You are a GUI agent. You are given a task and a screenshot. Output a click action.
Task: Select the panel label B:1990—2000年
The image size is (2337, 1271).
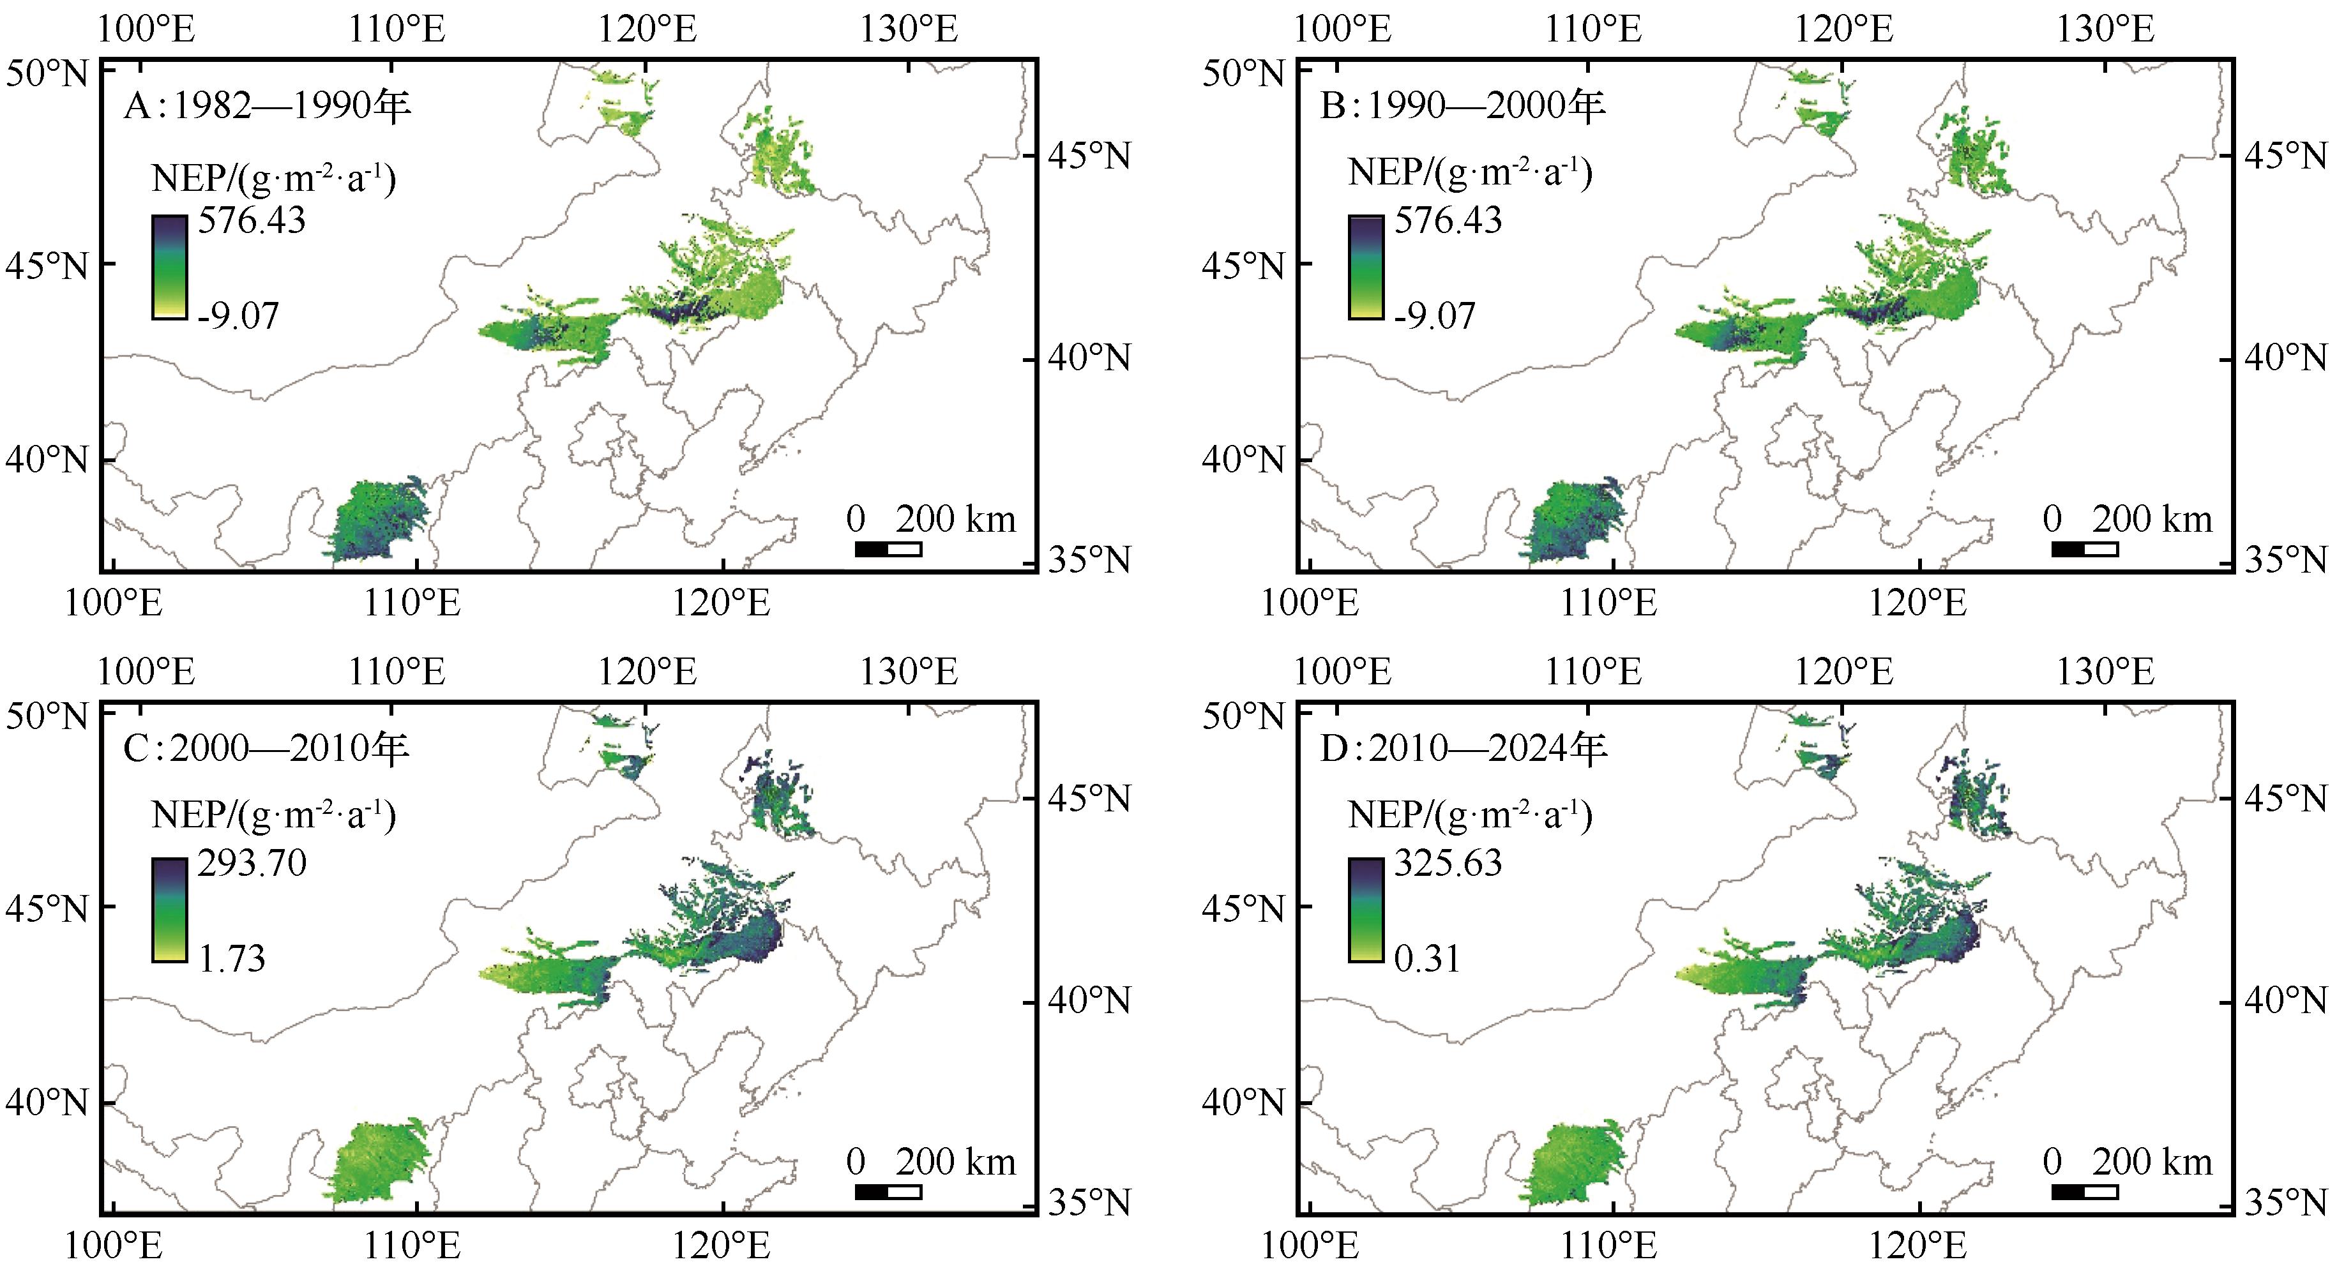[1462, 106]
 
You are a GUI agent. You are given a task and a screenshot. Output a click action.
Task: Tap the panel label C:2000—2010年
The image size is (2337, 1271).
[266, 748]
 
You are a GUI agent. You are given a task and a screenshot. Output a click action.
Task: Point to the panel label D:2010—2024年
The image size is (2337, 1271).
[1462, 748]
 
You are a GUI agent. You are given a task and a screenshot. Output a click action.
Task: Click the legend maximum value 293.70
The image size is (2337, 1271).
[252, 862]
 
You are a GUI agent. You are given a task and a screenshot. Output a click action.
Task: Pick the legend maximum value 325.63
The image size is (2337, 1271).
[1448, 862]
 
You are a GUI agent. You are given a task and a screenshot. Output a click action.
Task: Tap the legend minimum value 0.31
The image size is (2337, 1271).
[1427, 959]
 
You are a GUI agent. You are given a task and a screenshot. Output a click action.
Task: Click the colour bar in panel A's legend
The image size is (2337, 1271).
[170, 267]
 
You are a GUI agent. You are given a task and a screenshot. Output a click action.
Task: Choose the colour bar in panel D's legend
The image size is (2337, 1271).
[1365, 909]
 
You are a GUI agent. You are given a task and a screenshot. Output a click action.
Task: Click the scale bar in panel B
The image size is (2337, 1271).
[2085, 549]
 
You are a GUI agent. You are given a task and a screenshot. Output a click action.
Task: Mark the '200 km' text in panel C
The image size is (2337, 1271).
[955, 1162]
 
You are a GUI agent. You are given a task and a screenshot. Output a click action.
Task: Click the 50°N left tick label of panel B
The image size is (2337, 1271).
[1243, 73]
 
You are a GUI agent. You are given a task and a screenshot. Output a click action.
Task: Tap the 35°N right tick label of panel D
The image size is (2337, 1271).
[2286, 1202]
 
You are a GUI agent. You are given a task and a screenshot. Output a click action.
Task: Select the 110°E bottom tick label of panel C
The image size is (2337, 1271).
[412, 1245]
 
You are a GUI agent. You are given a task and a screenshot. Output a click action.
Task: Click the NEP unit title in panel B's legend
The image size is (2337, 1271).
[1470, 172]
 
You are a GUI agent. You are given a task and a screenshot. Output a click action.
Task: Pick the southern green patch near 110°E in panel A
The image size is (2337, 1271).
[377, 522]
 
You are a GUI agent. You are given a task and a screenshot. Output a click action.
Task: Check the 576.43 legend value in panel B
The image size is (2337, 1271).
[1448, 220]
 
